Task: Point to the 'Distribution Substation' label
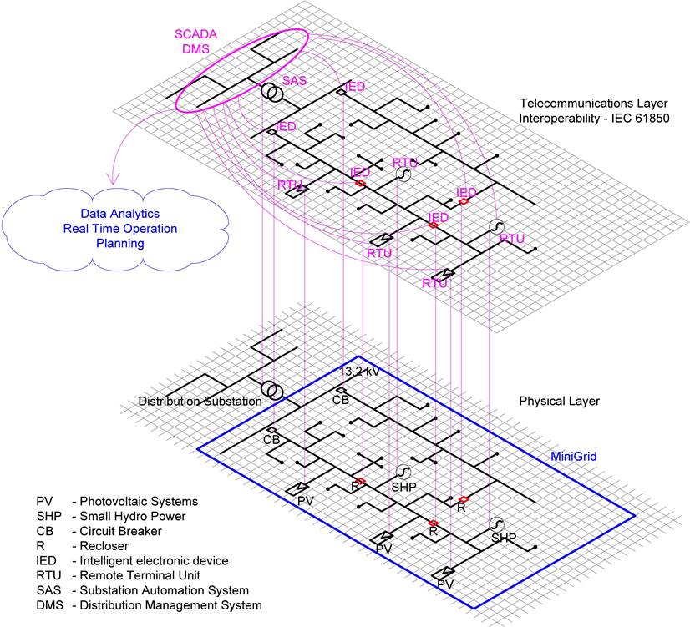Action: point(200,402)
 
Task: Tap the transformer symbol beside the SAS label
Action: point(271,94)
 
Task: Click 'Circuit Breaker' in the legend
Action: point(121,531)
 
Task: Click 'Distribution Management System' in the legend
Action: point(170,604)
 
